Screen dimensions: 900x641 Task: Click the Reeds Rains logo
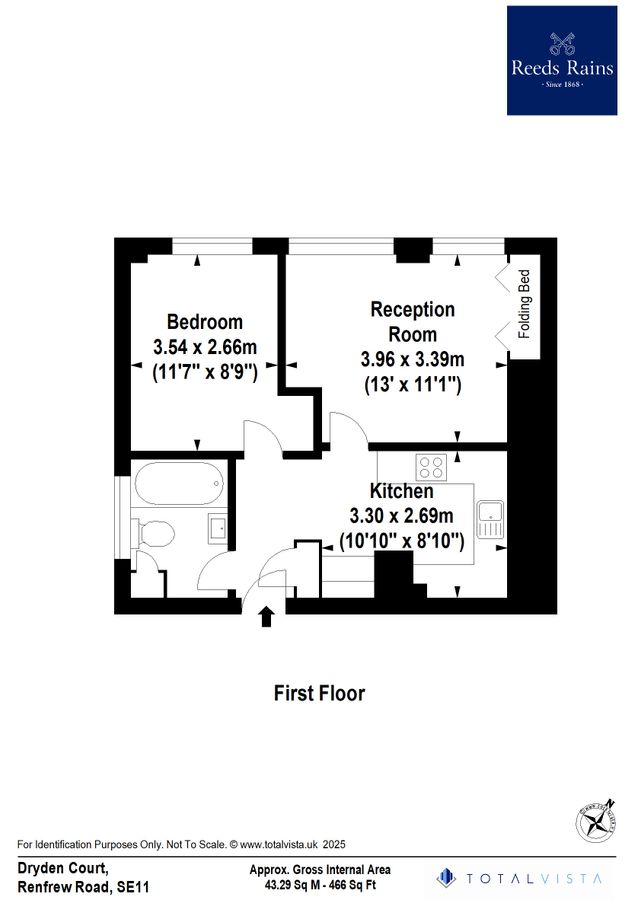pos(561,60)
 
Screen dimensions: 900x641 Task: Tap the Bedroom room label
pos(205,322)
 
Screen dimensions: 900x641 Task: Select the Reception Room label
pos(412,322)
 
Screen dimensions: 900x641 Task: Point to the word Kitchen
pos(402,492)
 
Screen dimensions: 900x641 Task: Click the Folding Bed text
pos(522,305)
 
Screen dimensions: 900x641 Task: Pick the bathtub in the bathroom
pos(176,485)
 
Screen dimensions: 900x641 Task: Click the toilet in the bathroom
pos(155,534)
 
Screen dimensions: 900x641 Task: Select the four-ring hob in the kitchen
pos(431,466)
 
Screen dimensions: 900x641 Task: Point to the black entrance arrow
pos(267,616)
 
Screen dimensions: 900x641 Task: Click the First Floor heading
pos(320,693)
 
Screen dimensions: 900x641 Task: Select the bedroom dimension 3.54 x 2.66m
pos(205,348)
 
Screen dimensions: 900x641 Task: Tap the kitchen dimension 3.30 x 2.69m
pos(401,517)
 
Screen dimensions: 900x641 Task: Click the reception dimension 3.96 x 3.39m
pos(412,359)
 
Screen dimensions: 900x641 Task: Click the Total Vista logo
pos(520,878)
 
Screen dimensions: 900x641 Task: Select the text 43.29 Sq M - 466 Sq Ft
pos(320,885)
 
